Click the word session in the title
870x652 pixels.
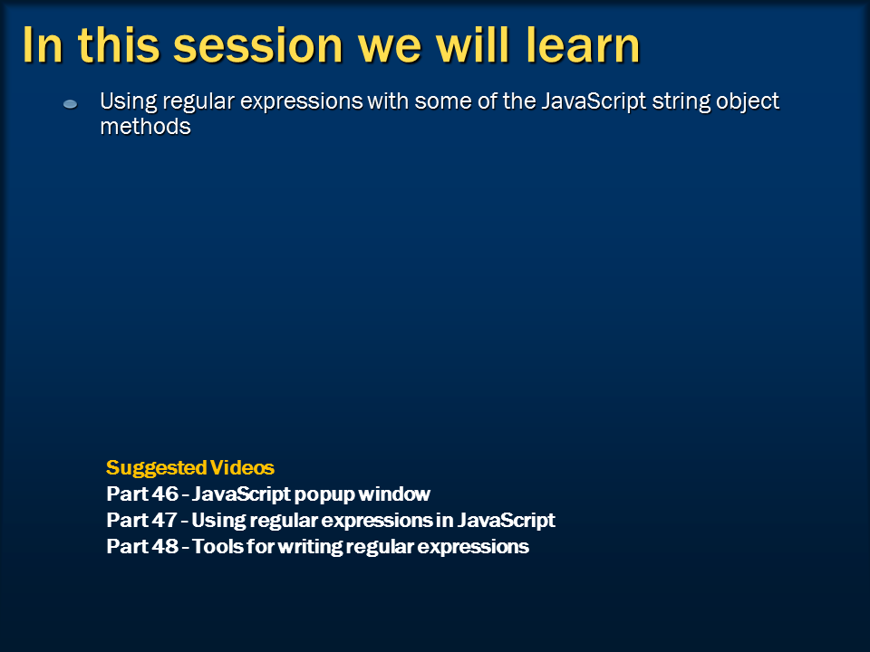tap(258, 46)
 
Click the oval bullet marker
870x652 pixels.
tap(71, 103)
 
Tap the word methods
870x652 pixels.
tap(145, 127)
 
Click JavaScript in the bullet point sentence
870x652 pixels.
tap(593, 102)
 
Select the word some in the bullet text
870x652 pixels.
tap(440, 101)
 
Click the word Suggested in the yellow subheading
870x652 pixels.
tap(157, 468)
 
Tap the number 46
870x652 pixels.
tap(165, 494)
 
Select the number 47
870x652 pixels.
tap(164, 520)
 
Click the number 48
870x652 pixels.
tap(165, 546)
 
